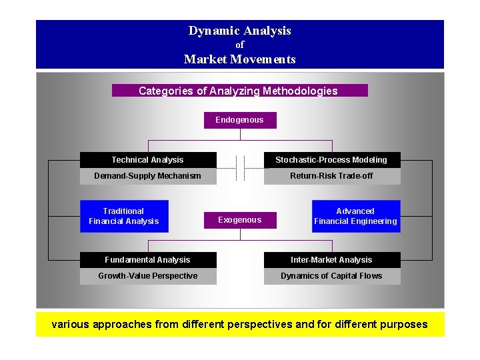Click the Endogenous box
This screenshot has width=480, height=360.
tap(239, 120)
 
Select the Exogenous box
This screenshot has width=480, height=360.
tap(239, 220)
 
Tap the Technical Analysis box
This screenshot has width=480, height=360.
tap(148, 160)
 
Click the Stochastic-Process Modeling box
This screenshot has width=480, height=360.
tap(331, 160)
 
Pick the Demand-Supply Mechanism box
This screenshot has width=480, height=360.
tap(148, 176)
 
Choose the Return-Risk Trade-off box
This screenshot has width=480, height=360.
tap(331, 176)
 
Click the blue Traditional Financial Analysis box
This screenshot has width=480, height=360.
tap(124, 216)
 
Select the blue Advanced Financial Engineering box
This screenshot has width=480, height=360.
tap(356, 216)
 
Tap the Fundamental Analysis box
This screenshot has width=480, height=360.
tap(148, 260)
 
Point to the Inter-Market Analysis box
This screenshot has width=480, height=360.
tap(331, 260)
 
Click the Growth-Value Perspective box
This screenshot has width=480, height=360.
tap(148, 276)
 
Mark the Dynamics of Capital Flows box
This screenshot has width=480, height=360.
tap(331, 276)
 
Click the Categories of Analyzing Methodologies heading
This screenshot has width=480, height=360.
tap(239, 91)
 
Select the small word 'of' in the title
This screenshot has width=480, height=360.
tap(240, 45)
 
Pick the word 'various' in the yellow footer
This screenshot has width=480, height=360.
tap(71, 325)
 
